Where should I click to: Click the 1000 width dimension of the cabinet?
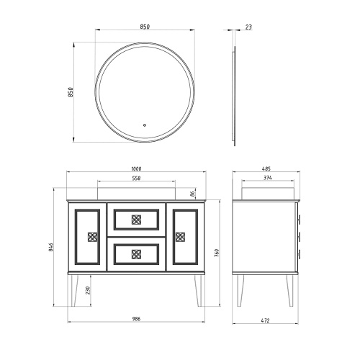coord(136,168)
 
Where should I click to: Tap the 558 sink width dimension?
coord(136,178)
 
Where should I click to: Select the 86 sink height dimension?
coord(192,194)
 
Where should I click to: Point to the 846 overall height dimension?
coord(50,247)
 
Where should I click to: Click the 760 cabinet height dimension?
coord(217,253)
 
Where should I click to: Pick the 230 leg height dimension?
coord(88,290)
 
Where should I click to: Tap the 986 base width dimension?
coord(136,319)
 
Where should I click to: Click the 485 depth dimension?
coord(266,168)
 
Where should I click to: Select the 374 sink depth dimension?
coord(268,178)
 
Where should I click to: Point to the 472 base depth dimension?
coord(265,320)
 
